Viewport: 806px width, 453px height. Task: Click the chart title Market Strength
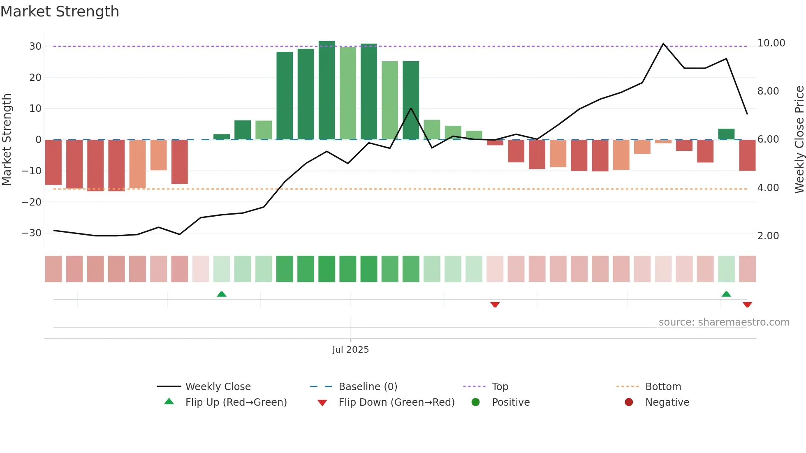(x=60, y=12)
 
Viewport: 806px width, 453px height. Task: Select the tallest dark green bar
(x=327, y=90)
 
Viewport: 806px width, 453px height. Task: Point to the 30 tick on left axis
(x=35, y=46)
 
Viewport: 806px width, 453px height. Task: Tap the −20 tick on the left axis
(x=32, y=202)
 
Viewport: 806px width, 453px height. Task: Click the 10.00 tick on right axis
(x=771, y=43)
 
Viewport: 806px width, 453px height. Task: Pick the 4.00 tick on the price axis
(x=768, y=188)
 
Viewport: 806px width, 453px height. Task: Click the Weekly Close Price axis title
(x=799, y=140)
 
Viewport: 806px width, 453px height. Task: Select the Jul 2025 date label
(x=350, y=350)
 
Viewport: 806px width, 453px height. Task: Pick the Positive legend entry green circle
(x=476, y=402)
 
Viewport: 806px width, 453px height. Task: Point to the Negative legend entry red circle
(x=629, y=402)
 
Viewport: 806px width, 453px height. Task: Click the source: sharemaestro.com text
(x=724, y=322)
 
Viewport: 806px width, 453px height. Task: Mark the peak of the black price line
(x=663, y=44)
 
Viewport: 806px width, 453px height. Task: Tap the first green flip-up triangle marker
(x=222, y=294)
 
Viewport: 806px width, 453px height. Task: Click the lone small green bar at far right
(x=726, y=134)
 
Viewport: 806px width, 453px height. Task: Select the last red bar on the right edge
(x=747, y=155)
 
